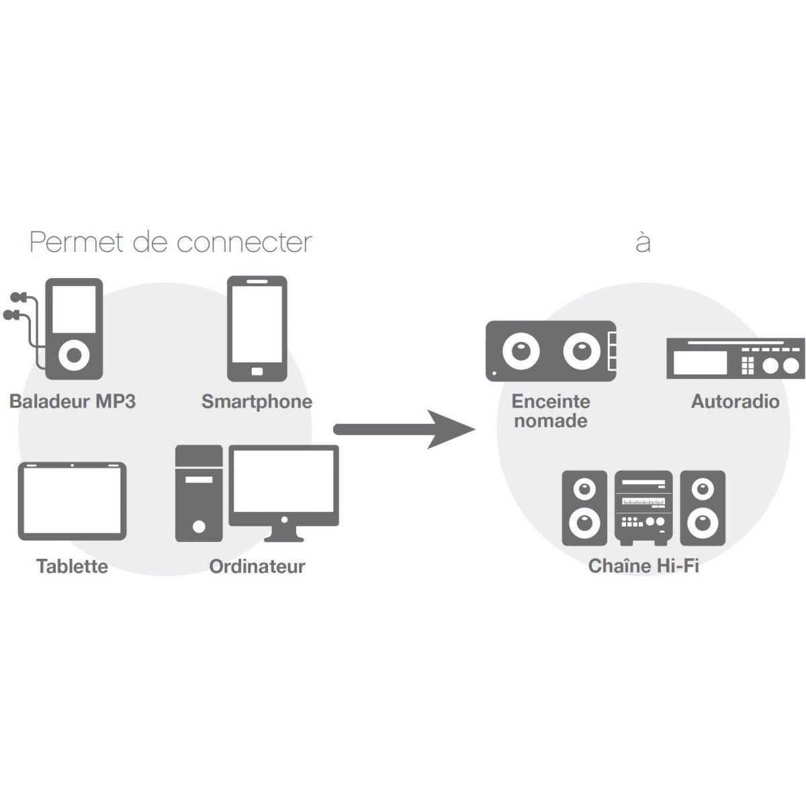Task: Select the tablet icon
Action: pyautogui.click(x=72, y=500)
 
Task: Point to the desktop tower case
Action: pyautogui.click(x=198, y=493)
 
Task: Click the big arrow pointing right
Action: pyautogui.click(x=403, y=429)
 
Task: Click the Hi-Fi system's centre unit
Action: pyautogui.click(x=643, y=508)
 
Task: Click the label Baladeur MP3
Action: pyautogui.click(x=73, y=402)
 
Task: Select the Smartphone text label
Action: pyautogui.click(x=257, y=402)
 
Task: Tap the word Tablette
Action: pyautogui.click(x=72, y=566)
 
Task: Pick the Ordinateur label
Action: pyautogui.click(x=257, y=566)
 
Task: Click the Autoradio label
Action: pyautogui.click(x=735, y=402)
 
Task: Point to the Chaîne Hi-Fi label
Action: pyautogui.click(x=643, y=566)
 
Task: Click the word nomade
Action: pyautogui.click(x=551, y=421)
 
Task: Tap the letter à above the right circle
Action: pyautogui.click(x=643, y=242)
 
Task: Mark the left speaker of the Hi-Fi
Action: pyautogui.click(x=584, y=508)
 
